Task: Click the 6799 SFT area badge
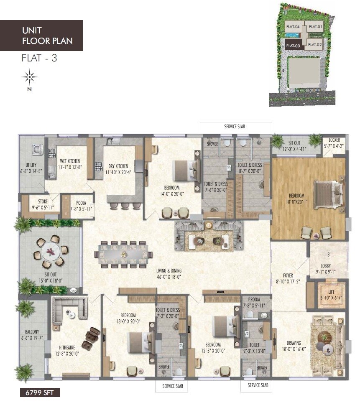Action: [x=40, y=392]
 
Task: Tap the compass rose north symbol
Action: [x=30, y=77]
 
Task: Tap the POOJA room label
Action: [x=81, y=202]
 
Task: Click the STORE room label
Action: [x=40, y=202]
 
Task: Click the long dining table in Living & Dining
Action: [x=124, y=254]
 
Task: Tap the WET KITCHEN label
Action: [x=69, y=161]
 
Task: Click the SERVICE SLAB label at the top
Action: [x=235, y=126]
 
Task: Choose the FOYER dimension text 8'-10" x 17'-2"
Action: [x=288, y=281]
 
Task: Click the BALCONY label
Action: [x=31, y=332]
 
